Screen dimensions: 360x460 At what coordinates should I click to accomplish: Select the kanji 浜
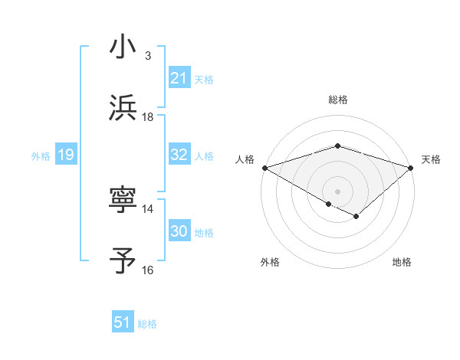coord(123,107)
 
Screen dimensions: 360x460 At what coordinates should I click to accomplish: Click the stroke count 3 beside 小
coord(147,56)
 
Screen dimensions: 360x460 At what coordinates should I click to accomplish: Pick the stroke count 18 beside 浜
coord(147,116)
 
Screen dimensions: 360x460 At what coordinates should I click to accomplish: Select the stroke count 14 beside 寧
coord(147,208)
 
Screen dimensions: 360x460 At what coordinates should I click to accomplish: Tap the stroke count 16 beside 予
coord(147,270)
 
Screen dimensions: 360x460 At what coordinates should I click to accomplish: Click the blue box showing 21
coord(179,77)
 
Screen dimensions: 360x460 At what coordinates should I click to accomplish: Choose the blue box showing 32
coord(179,155)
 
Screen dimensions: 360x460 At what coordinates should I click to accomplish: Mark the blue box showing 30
coord(179,231)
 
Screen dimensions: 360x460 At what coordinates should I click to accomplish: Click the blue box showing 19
coord(65,155)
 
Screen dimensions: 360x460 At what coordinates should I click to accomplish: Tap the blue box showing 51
coord(123,322)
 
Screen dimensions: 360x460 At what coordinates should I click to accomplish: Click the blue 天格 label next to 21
coord(204,79)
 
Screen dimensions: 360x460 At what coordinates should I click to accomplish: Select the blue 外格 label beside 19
coord(41,155)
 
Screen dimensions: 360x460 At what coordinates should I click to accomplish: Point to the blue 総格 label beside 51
coord(147,324)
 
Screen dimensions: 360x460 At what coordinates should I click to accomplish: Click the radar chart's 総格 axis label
coord(337,100)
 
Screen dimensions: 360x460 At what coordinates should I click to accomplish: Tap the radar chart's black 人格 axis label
coord(245,159)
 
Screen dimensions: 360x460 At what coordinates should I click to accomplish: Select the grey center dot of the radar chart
coord(337,191)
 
